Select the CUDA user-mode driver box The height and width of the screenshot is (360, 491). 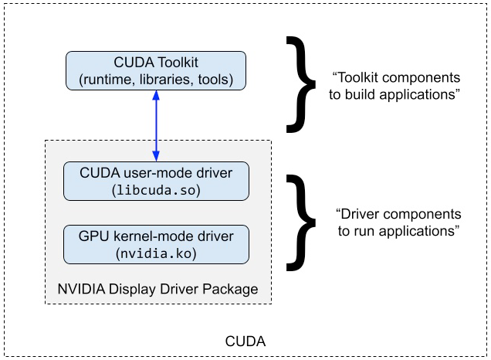click(156, 181)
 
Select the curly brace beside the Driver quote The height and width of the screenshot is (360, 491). click(302, 222)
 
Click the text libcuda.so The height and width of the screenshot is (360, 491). click(157, 190)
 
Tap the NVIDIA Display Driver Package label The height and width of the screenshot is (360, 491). click(157, 290)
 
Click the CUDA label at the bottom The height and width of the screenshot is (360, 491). click(245, 341)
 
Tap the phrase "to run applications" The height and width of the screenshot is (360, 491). click(398, 229)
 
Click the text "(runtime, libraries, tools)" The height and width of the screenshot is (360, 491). click(156, 80)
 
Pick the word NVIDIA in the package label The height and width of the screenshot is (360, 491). click(80, 290)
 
